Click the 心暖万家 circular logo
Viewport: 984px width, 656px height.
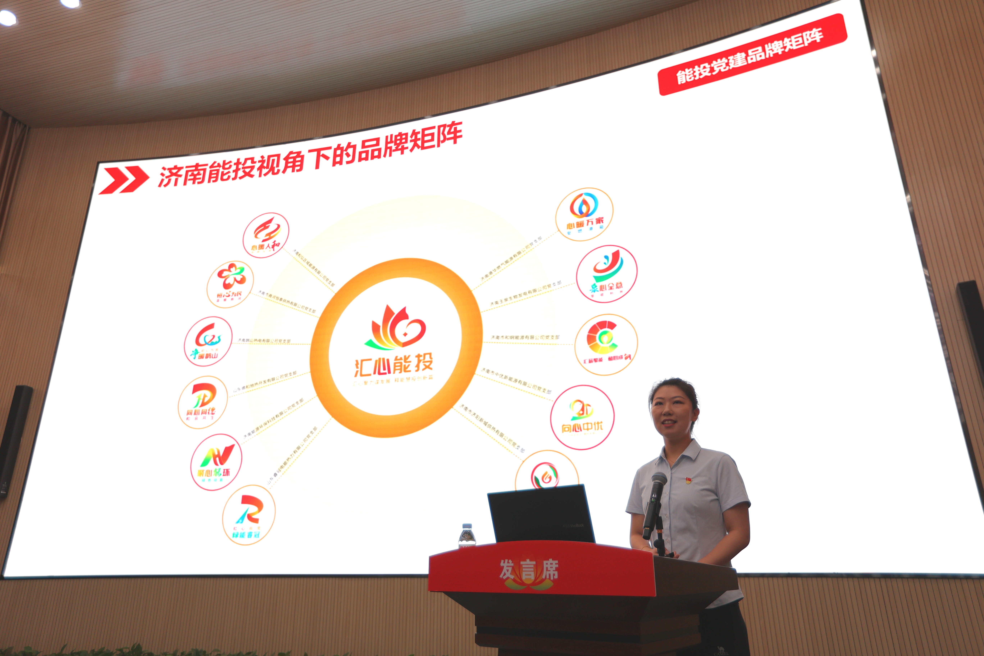tap(584, 214)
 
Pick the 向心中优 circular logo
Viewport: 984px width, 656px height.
tap(582, 417)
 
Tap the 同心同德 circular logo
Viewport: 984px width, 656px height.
tap(203, 402)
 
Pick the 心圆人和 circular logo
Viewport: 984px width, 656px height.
tap(266, 235)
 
